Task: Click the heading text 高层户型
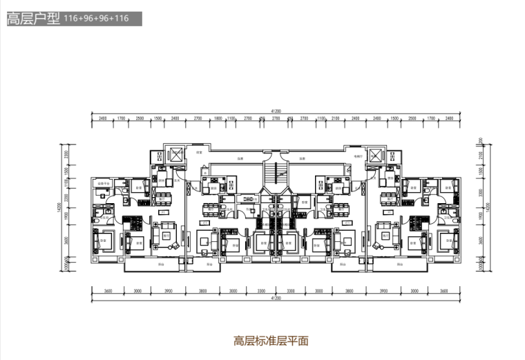[x=32, y=19]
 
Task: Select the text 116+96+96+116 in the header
[x=96, y=19]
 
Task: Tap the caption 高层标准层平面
[x=271, y=340]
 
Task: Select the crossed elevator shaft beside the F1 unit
[x=175, y=155]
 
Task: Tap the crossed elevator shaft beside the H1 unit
[x=376, y=155]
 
